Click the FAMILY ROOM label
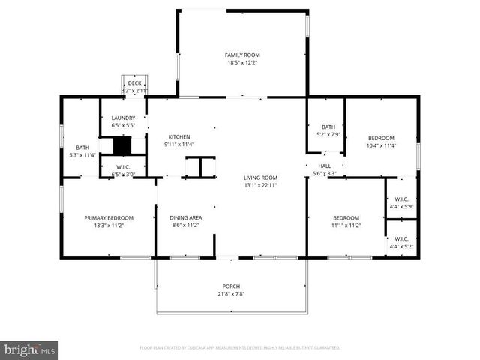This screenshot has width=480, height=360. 242,55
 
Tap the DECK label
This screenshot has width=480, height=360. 134,83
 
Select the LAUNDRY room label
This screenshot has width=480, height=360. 123,118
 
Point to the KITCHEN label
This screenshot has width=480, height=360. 179,136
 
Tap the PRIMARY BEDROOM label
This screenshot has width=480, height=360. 109,217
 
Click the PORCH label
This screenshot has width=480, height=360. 231,286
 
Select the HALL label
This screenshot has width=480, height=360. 325,166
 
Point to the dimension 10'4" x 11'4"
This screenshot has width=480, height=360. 381,145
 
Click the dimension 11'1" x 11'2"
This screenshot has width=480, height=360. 346,225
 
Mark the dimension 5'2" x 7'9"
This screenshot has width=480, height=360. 328,134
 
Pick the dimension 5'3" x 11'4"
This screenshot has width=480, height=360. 82,155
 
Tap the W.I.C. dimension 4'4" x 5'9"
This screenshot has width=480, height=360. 400,206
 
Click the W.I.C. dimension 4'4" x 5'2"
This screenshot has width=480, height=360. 400,246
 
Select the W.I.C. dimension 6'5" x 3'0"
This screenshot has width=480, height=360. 123,174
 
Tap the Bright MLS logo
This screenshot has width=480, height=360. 30,349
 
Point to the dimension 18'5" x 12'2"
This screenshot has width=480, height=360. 242,63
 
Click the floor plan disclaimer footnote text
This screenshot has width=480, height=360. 240,348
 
